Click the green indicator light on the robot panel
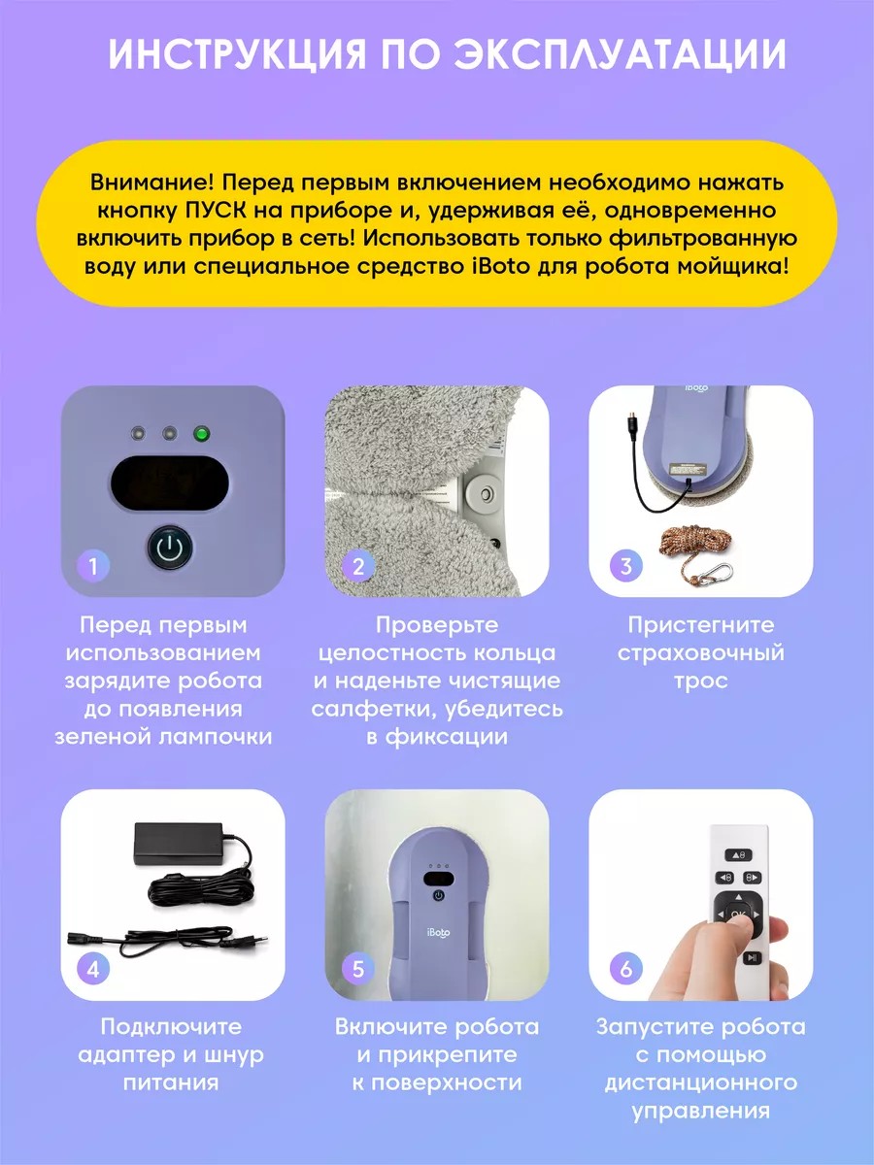[201, 434]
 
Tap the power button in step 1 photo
[170, 547]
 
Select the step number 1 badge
[93, 566]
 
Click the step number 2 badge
[358, 566]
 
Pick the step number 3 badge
[626, 566]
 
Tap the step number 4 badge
[93, 969]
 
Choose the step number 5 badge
[358, 969]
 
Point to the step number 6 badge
[626, 969]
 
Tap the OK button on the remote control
[738, 914]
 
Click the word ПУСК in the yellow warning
[216, 210]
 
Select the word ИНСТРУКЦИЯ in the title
[238, 53]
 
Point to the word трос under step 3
[700, 681]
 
